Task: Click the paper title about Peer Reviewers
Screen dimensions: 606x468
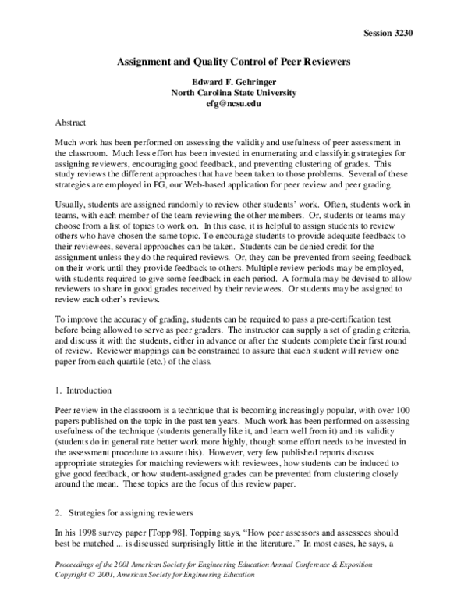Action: [233, 59]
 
